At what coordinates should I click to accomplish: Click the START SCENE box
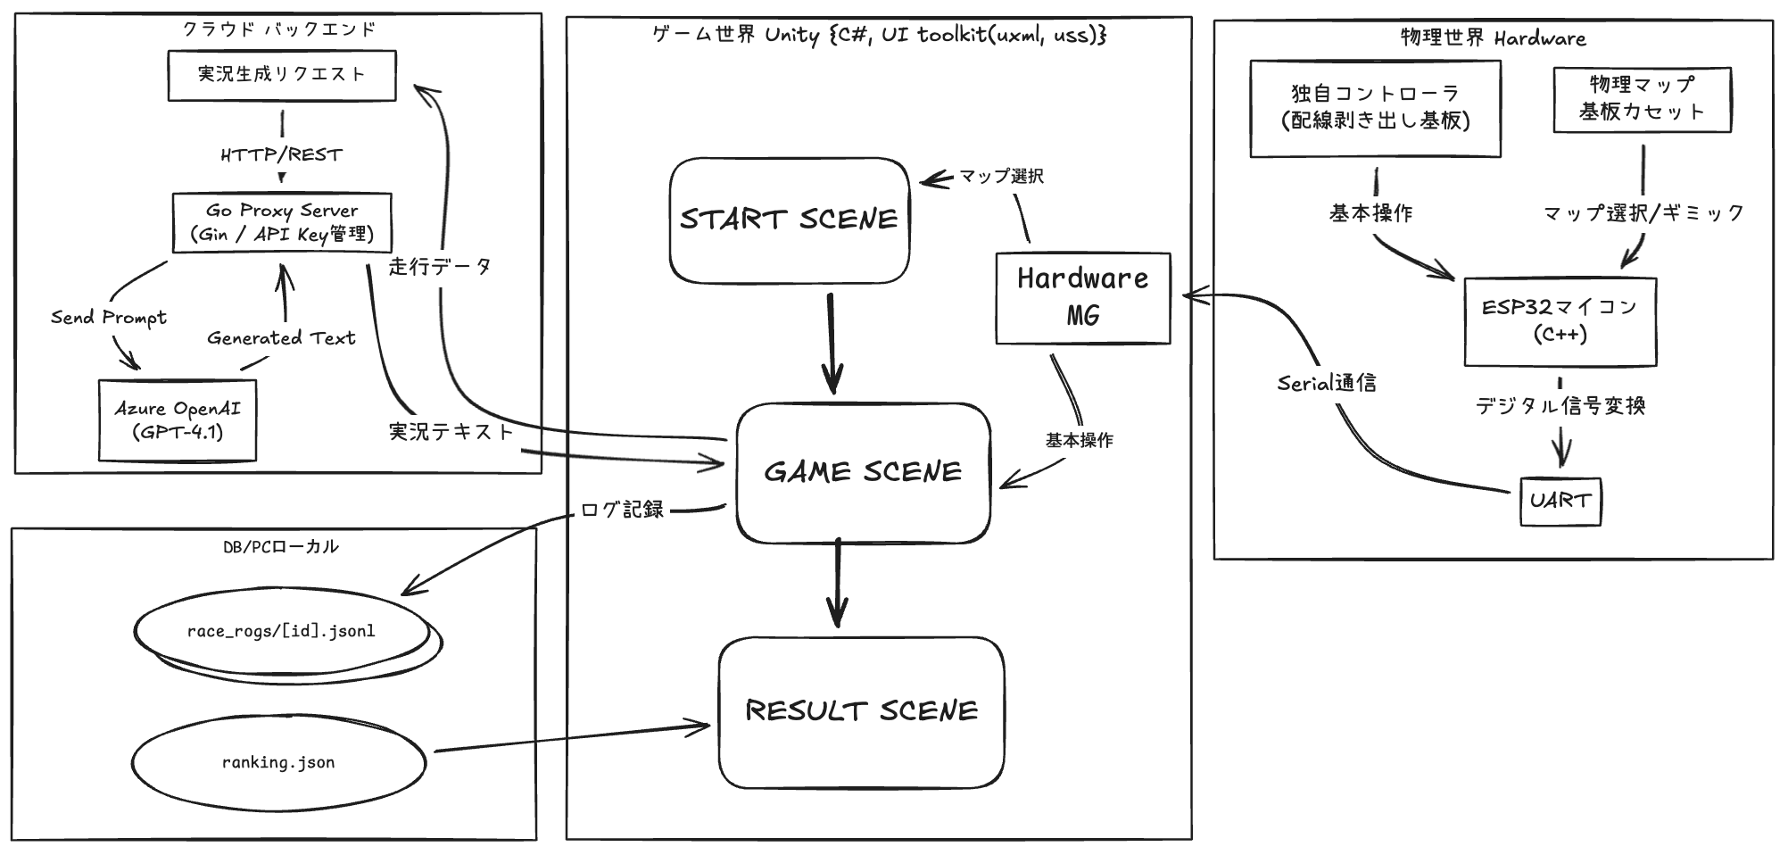click(x=789, y=220)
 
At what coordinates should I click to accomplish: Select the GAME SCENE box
click(x=863, y=472)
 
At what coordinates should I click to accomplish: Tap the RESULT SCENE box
click(x=861, y=711)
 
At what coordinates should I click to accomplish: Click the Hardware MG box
click(x=1082, y=297)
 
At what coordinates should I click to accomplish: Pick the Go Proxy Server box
click(x=282, y=222)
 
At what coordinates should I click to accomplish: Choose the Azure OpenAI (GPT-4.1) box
click(x=178, y=420)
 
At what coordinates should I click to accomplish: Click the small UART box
click(x=1560, y=501)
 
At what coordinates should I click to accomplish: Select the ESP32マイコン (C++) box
click(x=1560, y=321)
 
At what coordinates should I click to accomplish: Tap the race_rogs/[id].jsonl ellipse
click(x=281, y=632)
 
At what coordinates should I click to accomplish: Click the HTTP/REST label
click(x=282, y=155)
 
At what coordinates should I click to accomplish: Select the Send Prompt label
click(x=109, y=318)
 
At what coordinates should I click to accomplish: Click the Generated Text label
click(x=281, y=338)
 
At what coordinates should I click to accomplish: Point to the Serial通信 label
click(x=1326, y=384)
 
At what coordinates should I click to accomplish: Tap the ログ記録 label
click(x=622, y=510)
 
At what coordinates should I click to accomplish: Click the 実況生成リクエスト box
click(x=282, y=75)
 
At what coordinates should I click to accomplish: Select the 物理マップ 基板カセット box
click(x=1642, y=99)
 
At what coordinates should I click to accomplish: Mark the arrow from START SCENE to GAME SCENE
click(x=832, y=344)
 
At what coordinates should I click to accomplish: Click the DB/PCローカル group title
click(x=281, y=546)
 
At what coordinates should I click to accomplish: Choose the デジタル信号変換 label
click(x=1560, y=406)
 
